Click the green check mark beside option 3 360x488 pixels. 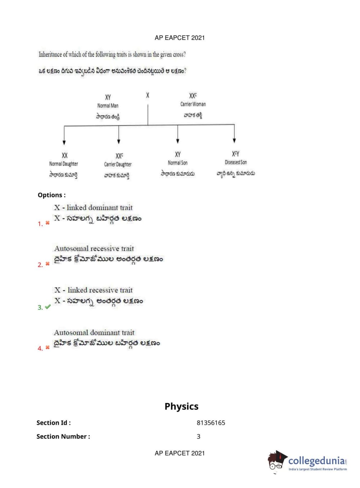point(48,307)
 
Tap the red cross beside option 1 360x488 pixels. point(47,223)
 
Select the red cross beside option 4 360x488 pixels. point(47,348)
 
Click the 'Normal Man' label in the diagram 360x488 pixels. point(108,106)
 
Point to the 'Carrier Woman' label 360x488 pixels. point(193,104)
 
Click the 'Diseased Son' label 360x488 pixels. point(236,162)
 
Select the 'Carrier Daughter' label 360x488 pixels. point(118,164)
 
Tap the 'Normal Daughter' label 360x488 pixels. point(64,164)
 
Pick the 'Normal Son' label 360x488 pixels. point(178,163)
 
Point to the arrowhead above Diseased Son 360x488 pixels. point(234,140)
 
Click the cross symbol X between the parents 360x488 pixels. point(147,95)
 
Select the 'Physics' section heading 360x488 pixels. point(181,406)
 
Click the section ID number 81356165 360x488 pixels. point(211,423)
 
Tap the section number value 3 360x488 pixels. point(199,437)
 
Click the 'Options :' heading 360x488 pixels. point(52,195)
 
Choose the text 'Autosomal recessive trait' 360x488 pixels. point(94,248)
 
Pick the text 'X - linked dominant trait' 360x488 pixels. point(94,208)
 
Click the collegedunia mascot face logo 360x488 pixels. point(277,460)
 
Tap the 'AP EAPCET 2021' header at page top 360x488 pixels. point(179,38)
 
